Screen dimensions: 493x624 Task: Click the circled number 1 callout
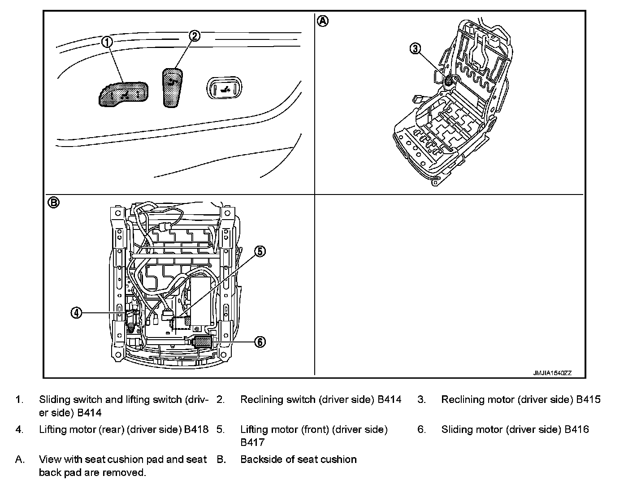click(107, 42)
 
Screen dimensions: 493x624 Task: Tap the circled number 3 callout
click(416, 48)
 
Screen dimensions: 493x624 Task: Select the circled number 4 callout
click(77, 313)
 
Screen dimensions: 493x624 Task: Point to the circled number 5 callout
click(260, 251)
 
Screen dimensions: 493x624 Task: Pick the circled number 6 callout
click(260, 342)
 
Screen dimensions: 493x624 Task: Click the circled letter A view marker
click(323, 21)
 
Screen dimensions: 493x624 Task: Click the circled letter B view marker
click(53, 203)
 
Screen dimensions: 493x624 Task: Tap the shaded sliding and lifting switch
click(124, 94)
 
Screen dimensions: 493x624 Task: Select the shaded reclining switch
click(173, 87)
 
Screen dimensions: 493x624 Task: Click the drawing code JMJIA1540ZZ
click(552, 373)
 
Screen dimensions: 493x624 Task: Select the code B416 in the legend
click(576, 429)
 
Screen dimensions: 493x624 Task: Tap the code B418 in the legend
click(196, 429)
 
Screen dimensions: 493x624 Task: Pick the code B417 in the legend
click(252, 442)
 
